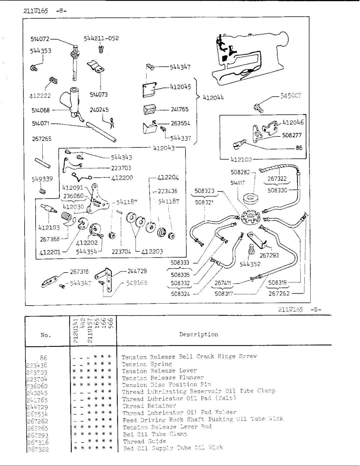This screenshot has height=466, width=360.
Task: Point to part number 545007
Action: pos(289,96)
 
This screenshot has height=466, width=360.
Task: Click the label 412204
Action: pos(168,177)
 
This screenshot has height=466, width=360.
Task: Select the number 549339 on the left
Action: pos(43,179)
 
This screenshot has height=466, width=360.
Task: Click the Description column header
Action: pos(199,334)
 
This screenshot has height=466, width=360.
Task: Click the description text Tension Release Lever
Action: pos(159,371)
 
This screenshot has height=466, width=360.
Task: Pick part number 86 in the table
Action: pos(43,356)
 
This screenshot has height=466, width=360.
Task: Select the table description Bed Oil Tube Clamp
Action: pos(155,434)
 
